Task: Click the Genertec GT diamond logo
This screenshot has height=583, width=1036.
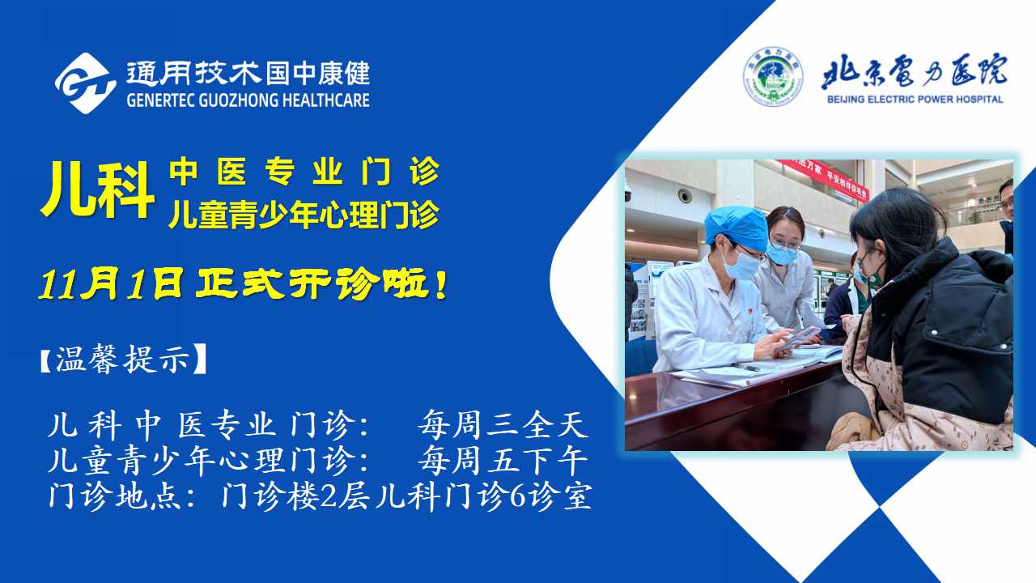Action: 85,83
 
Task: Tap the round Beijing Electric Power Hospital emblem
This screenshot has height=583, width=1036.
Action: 773,76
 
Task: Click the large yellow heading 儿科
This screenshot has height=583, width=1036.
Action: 97,189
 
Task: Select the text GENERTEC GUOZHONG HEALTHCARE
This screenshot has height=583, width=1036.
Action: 248,100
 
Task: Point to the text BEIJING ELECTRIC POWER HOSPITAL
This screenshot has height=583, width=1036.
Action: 915,99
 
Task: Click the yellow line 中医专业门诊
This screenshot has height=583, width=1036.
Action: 304,172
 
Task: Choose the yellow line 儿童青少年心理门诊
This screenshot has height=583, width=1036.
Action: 304,215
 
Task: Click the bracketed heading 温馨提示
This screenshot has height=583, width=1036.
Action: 122,359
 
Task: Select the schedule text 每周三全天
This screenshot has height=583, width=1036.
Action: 503,424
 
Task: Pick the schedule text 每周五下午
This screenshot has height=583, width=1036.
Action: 503,461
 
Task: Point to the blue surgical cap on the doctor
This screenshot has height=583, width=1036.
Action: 736,228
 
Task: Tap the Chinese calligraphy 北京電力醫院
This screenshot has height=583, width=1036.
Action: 915,72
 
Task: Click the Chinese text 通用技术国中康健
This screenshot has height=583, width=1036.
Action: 248,74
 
